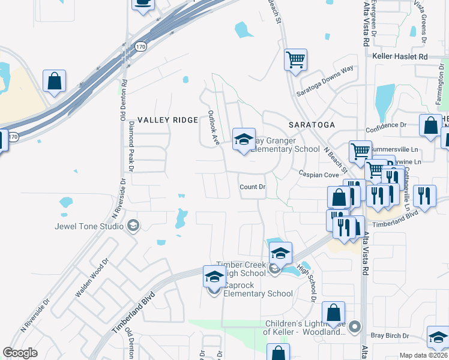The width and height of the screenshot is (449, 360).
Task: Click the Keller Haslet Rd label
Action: [399, 56]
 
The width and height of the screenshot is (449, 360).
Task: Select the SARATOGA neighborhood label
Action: [311, 125]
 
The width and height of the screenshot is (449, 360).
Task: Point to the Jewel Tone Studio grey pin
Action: [133, 226]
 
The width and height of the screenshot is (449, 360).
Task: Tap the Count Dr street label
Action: [252, 187]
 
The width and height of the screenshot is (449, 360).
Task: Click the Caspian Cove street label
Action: [320, 173]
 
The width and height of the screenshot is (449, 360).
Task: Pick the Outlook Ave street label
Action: [213, 127]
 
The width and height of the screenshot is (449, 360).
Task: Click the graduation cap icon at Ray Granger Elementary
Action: [244, 139]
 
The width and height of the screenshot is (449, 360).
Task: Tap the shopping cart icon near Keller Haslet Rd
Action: [295, 59]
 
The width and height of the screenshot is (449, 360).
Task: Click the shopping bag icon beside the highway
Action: [54, 80]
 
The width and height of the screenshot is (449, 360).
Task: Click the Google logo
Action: [20, 353]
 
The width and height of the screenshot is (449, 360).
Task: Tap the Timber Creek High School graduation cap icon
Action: [280, 253]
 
